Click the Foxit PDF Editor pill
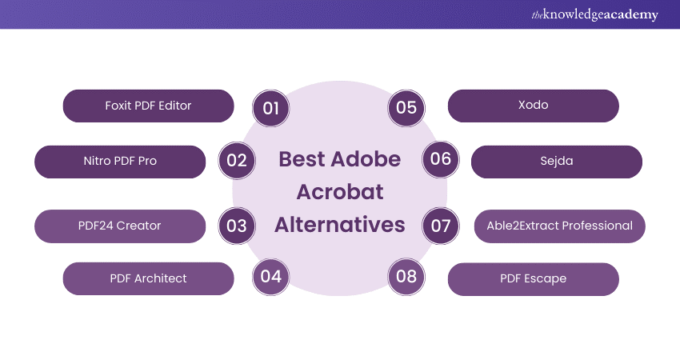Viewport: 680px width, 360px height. pos(148,106)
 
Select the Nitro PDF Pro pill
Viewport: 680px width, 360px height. pos(120,162)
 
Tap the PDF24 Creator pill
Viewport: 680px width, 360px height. pos(120,226)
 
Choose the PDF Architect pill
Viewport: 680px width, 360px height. pos(148,278)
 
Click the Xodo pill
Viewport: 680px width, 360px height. pos(534,106)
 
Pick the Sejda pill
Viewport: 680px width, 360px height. pos(557,162)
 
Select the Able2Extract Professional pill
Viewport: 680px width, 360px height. pos(560,226)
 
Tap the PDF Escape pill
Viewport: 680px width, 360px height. pos(534,279)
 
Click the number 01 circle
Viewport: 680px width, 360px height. pos(270,108)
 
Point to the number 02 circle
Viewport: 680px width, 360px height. pos(237,161)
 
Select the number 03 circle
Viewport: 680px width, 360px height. pos(237,226)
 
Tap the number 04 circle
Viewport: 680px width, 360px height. pos(270,277)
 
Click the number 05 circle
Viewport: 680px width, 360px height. pos(406,108)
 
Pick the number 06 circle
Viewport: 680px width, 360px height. pos(441,159)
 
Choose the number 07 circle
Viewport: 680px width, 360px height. pos(441,226)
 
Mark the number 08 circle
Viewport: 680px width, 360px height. pos(406,277)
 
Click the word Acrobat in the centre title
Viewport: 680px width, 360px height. pos(340,192)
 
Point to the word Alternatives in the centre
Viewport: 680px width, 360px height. pos(340,225)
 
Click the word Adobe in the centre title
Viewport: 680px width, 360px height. pos(366,159)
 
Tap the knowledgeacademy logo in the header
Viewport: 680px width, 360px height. pos(595,14)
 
